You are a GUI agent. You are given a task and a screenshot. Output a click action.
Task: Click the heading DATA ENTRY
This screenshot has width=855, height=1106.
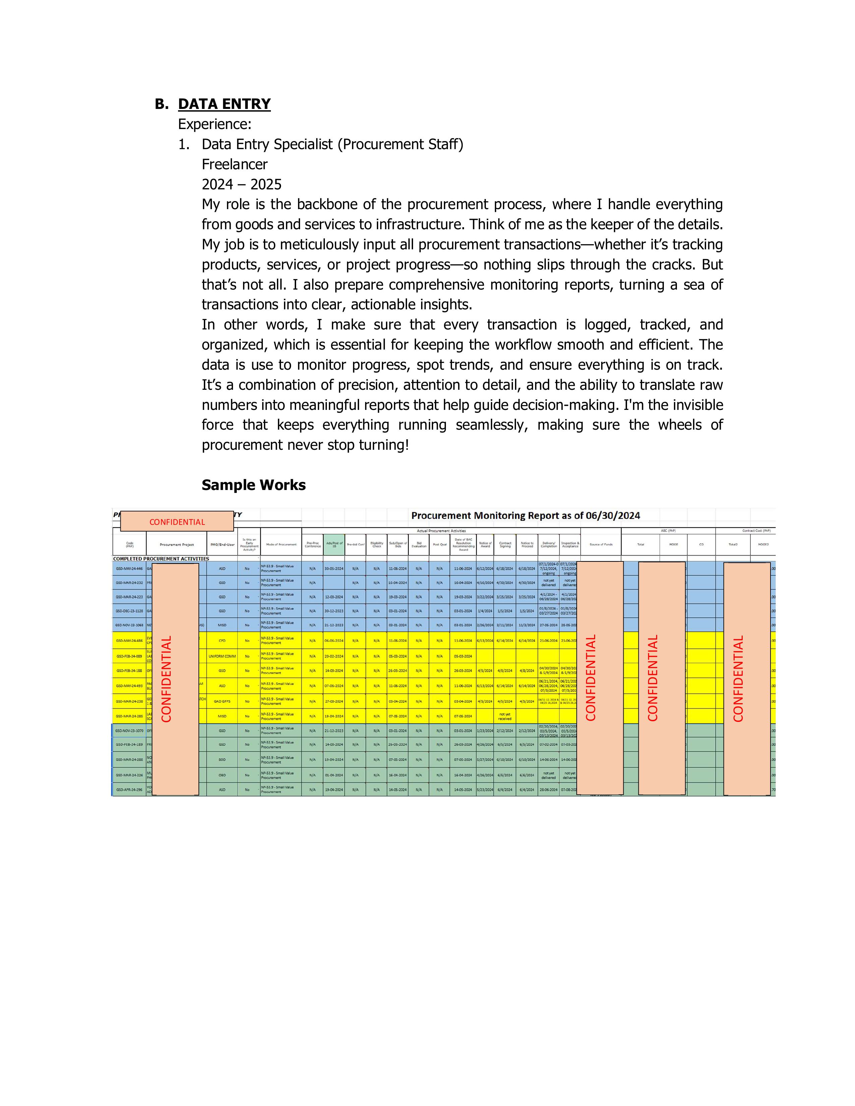point(224,104)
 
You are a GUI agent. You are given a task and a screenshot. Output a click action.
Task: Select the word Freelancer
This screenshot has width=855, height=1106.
point(234,164)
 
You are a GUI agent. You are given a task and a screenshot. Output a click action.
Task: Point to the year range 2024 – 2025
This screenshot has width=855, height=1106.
point(242,184)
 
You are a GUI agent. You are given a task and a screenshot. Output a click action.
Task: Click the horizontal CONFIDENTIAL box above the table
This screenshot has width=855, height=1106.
point(177,521)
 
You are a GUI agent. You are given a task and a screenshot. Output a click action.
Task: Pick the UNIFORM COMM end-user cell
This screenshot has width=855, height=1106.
point(222,656)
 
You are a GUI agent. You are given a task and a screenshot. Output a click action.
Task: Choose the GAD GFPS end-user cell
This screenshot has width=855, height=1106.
point(222,701)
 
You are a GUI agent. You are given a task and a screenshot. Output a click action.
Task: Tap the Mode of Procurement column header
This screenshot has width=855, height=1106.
point(281,544)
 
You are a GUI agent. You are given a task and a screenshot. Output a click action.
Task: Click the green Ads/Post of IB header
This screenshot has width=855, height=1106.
point(334,544)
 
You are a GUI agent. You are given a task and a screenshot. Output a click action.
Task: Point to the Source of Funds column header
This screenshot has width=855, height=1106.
point(601,544)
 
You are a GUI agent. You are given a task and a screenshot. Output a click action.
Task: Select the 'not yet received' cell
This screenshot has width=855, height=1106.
point(505,717)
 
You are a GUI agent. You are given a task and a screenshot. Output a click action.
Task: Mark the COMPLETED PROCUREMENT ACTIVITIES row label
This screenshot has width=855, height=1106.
point(161,559)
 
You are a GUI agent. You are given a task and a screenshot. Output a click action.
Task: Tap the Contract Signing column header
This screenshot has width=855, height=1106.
point(505,544)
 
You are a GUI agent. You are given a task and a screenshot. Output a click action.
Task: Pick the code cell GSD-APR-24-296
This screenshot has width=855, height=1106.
point(129,790)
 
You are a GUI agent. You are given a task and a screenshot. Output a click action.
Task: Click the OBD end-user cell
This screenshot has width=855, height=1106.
point(222,775)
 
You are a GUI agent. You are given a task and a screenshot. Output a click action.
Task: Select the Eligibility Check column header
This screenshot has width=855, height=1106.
point(376,544)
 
